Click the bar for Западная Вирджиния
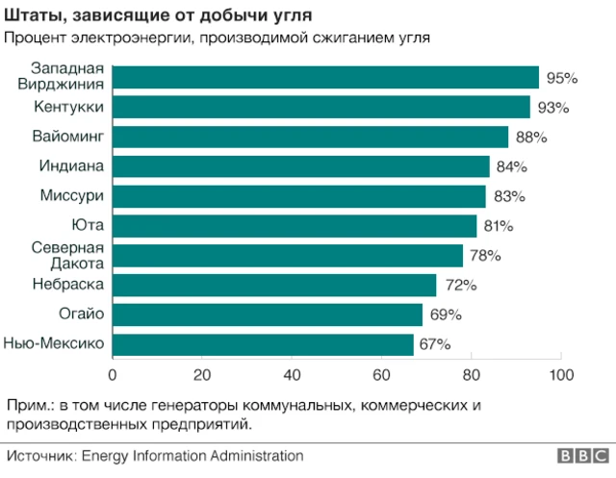(x=325, y=78)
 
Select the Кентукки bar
(x=321, y=107)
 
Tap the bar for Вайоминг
(x=310, y=137)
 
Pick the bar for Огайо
(x=268, y=314)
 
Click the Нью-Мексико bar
(x=263, y=344)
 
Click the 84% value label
(x=512, y=166)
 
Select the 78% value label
(x=485, y=256)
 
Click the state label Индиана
(x=71, y=166)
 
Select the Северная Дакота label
(x=67, y=255)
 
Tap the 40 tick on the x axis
(x=292, y=374)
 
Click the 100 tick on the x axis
(x=561, y=374)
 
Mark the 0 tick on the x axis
(x=113, y=374)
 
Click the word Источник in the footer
(x=40, y=456)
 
